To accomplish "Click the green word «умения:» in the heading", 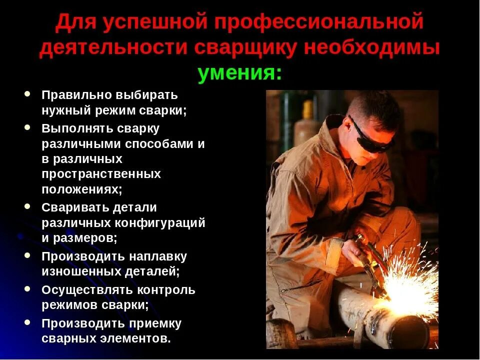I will (x=239, y=74).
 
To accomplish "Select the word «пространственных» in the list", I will (x=101, y=174).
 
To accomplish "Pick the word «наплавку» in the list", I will (x=157, y=256).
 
